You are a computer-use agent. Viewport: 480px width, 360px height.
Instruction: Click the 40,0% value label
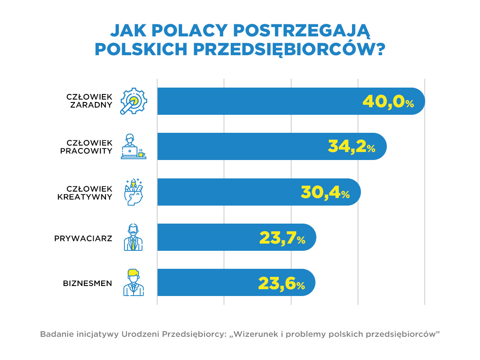click(388, 102)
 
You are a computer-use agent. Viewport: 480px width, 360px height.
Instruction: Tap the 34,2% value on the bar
click(351, 147)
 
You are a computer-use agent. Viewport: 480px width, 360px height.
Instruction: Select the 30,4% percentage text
click(325, 192)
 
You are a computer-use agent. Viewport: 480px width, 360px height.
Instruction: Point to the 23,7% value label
click(282, 238)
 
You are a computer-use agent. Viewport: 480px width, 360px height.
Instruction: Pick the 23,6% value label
click(281, 283)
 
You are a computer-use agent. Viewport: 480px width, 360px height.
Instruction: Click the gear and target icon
click(134, 101)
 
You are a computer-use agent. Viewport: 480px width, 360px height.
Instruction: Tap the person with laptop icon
click(132, 147)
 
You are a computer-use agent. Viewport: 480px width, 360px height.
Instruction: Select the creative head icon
click(134, 192)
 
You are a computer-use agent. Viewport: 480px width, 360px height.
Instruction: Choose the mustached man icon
click(133, 238)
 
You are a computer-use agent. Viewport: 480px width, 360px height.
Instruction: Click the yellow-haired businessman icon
click(133, 283)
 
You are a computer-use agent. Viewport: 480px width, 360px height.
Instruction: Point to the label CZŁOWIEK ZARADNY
click(90, 102)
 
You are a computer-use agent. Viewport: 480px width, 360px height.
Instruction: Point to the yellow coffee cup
click(141, 154)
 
